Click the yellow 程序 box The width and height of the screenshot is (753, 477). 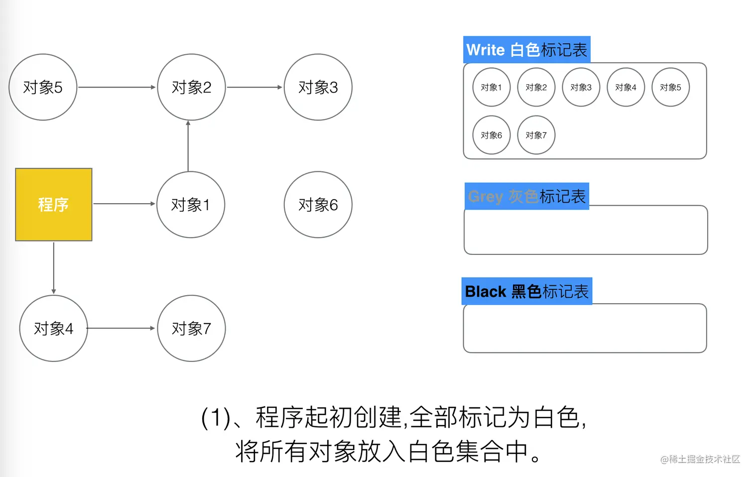coord(54,205)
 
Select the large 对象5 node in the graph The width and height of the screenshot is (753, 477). coord(43,87)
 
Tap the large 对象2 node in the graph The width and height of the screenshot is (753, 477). coord(191,87)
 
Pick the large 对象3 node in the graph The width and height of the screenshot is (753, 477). coord(318,87)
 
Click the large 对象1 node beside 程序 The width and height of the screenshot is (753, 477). coord(191,205)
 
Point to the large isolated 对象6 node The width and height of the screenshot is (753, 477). coord(318,205)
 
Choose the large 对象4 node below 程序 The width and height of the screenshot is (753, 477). coord(53,328)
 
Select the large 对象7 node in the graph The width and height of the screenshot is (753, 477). coord(191,328)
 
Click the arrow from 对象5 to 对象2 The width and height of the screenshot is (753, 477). coord(117,87)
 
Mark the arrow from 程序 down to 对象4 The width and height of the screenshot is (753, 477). coord(54,268)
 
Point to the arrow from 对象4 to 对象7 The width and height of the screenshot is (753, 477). coord(122,328)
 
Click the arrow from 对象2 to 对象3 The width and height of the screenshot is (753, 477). coord(254,87)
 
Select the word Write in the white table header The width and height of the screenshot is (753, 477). coord(486,50)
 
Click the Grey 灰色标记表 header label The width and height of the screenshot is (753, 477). coord(527,196)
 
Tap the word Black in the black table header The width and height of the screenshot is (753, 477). coord(486,291)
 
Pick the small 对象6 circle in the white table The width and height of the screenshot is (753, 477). coord(492,135)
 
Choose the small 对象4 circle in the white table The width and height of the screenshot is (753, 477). coord(626,87)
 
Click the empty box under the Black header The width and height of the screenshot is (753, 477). coord(585,328)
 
